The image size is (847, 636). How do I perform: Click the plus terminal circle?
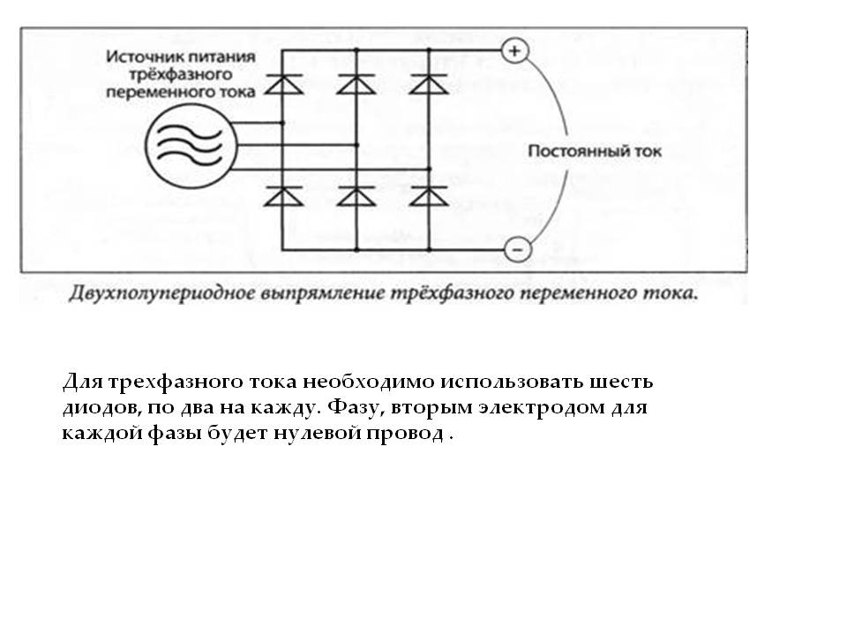coord(514,51)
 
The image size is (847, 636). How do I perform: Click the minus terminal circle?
coord(518,249)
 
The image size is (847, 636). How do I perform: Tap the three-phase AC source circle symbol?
coord(191,146)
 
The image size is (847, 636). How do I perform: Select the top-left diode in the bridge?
coord(283,85)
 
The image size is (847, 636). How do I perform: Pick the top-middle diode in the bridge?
coord(356,85)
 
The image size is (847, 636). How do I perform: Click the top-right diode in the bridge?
coord(429,85)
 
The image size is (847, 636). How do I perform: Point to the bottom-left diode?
coord(283,196)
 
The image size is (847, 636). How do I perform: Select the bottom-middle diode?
coord(356,196)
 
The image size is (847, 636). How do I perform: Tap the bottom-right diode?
coord(429,196)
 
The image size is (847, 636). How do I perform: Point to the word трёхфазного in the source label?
coord(180,74)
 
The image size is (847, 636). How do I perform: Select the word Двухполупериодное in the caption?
coord(161,293)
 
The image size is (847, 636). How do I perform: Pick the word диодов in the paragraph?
coord(101,408)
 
